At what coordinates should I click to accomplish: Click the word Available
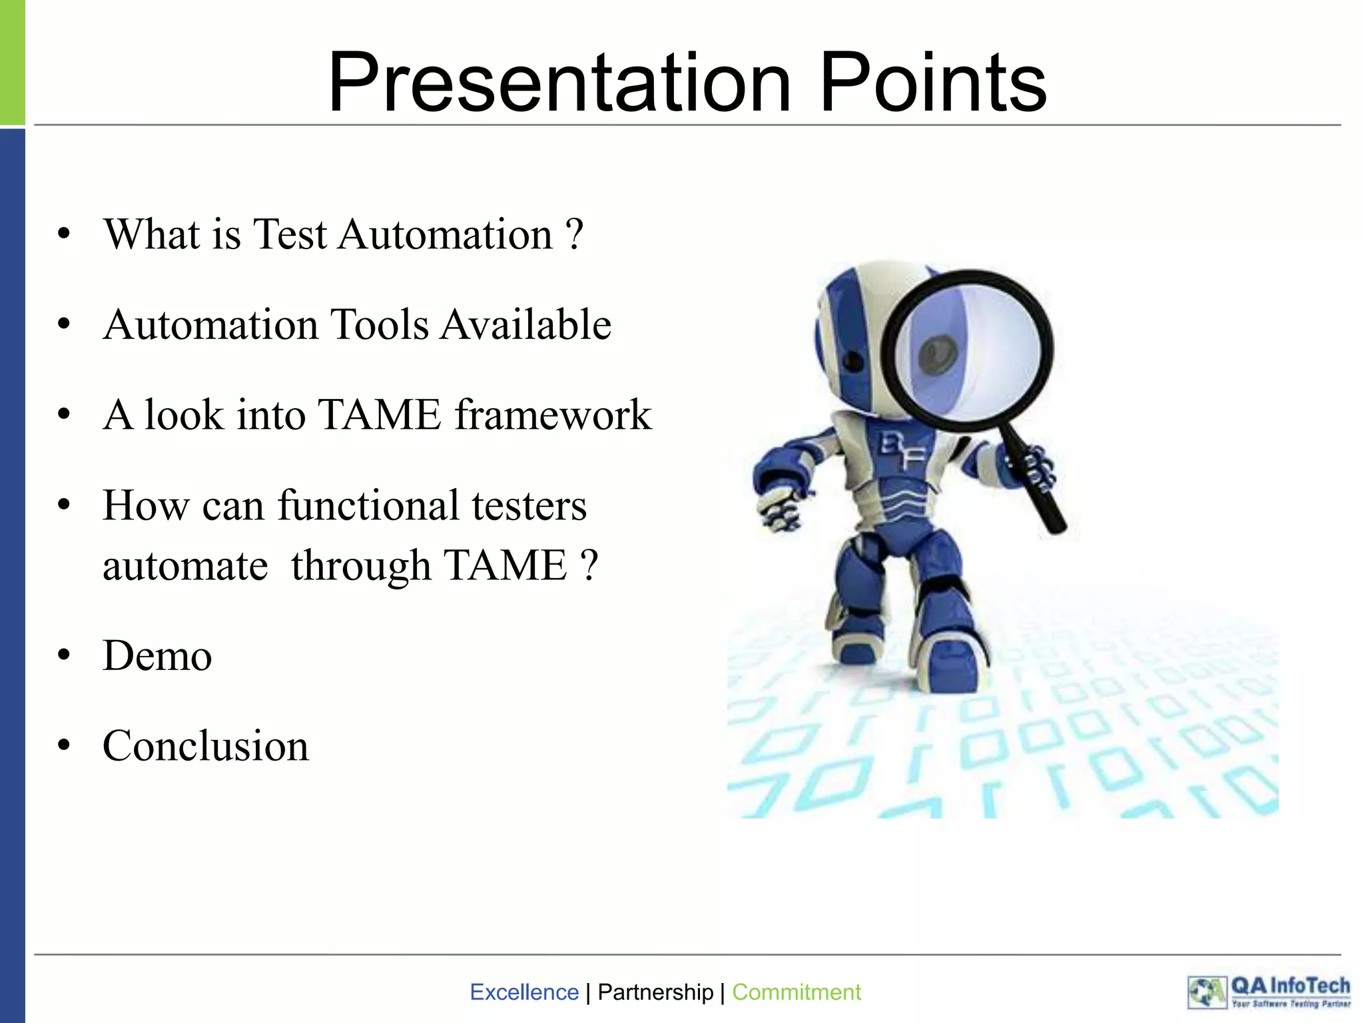pos(525,325)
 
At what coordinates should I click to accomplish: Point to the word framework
pos(553,415)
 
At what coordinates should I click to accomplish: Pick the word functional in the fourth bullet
pos(368,505)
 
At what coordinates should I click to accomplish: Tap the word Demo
pos(157,656)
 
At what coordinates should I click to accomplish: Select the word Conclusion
pos(205,746)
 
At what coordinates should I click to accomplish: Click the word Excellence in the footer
pos(524,992)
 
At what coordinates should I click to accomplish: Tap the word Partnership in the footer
pos(655,992)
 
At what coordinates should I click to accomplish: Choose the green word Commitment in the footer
pos(796,992)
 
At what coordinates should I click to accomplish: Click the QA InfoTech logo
pos(1269,992)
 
